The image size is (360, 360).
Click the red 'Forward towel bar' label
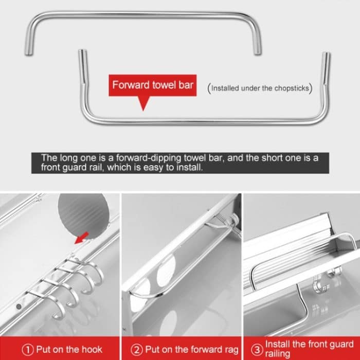point(153,85)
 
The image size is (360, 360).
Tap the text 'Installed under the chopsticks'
point(260,88)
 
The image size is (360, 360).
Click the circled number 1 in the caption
point(28,349)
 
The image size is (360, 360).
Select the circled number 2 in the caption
point(137,349)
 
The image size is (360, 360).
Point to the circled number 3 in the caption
point(256,349)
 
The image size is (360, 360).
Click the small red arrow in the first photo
point(81,238)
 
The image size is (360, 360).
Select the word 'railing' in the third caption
point(278,354)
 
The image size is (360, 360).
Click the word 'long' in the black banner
point(68,158)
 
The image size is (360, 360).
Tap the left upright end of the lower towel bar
point(80,57)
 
